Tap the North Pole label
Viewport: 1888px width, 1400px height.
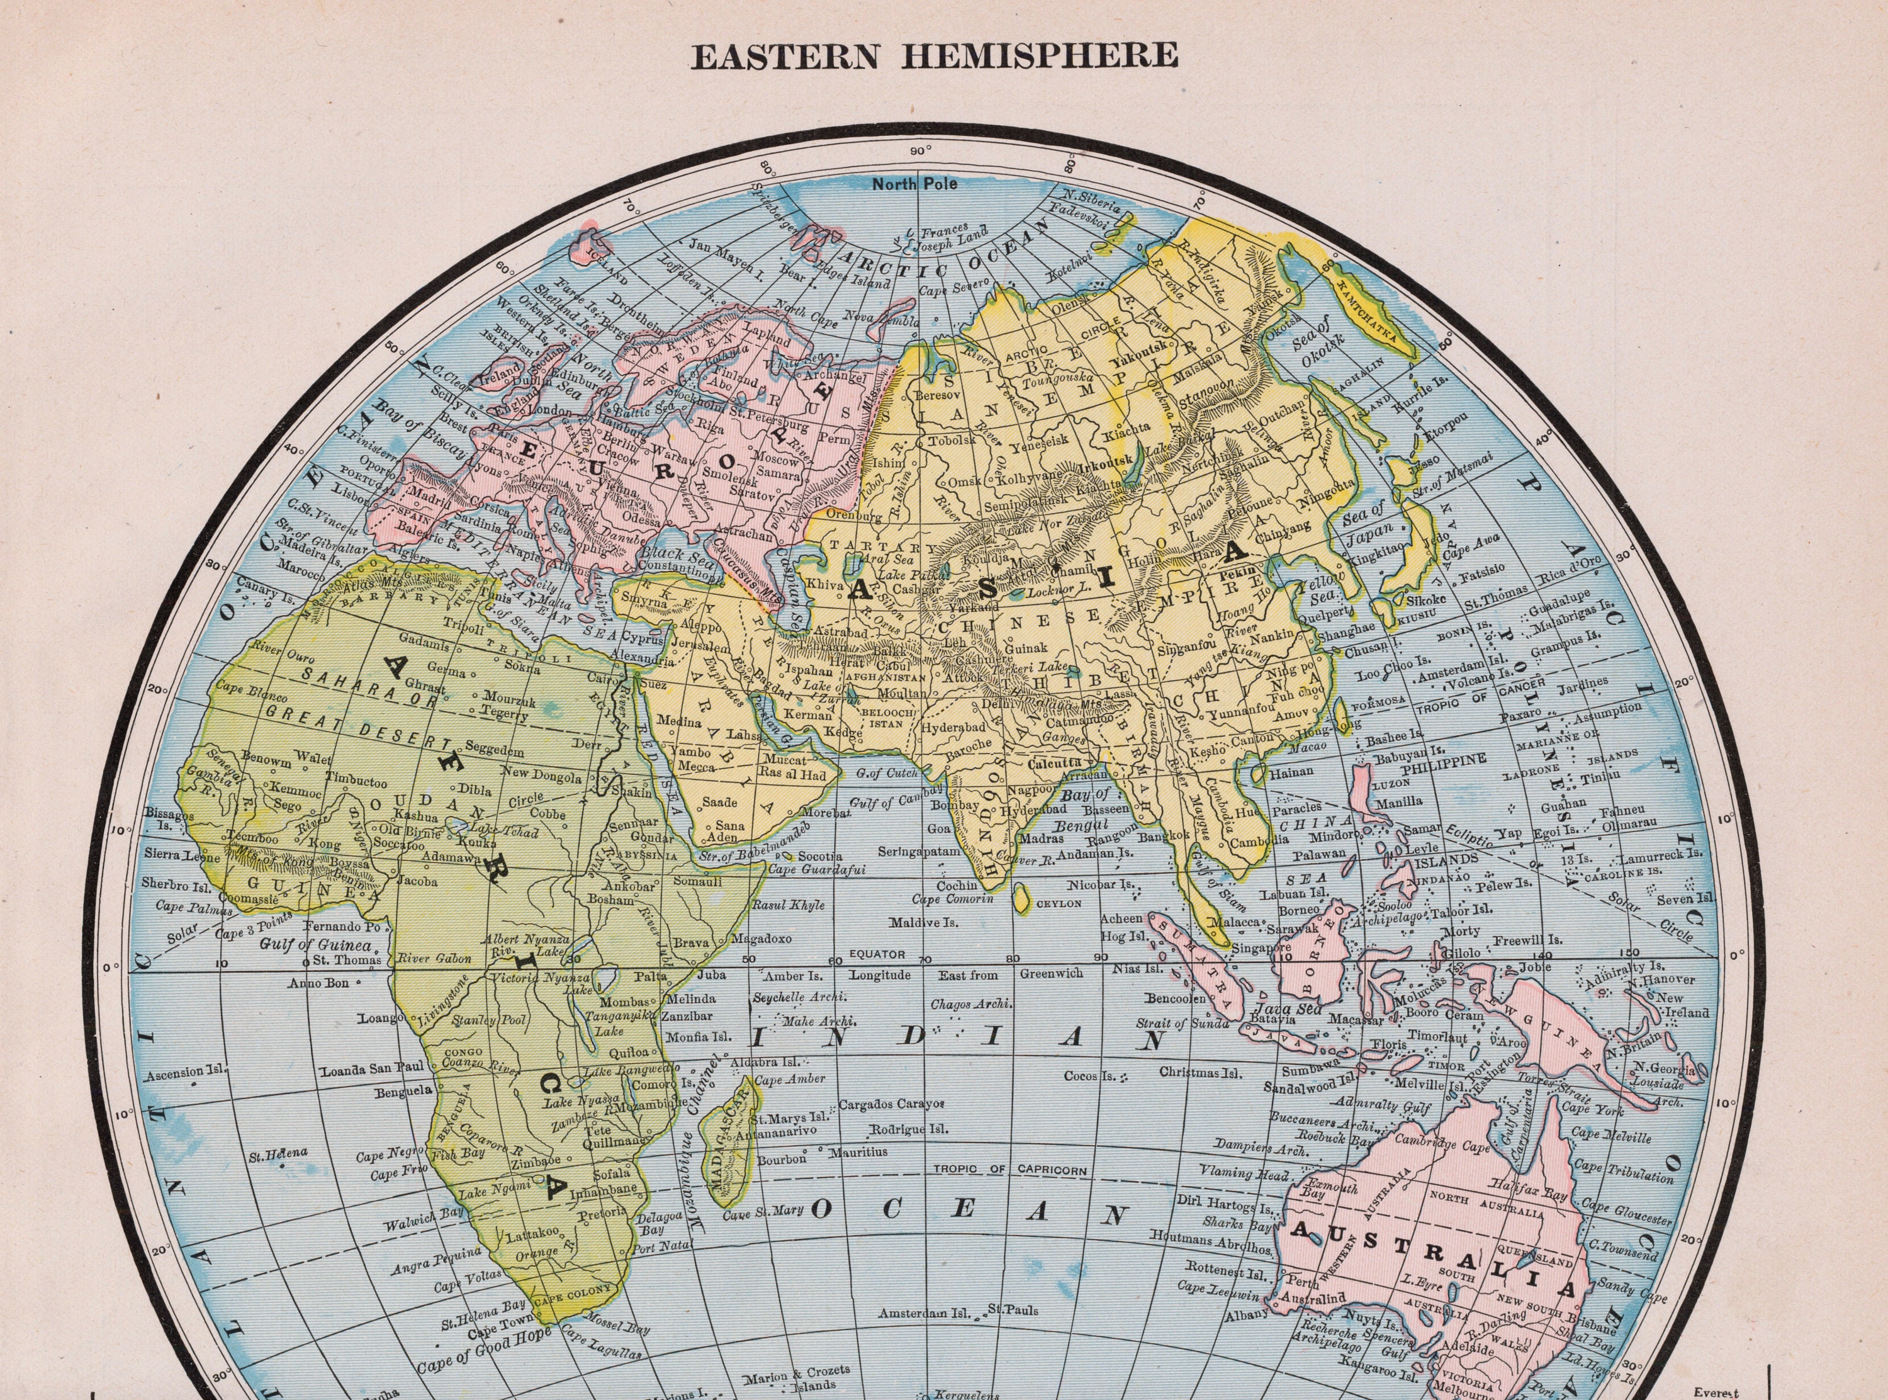pyautogui.click(x=915, y=184)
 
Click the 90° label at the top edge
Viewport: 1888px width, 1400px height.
pyautogui.click(x=921, y=152)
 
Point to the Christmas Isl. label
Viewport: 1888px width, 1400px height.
pyautogui.click(x=1200, y=1073)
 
